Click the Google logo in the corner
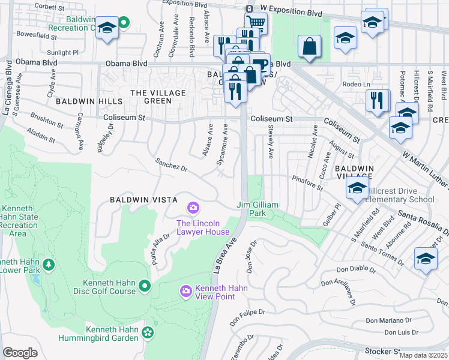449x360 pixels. click(20, 353)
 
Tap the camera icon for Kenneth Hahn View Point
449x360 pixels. click(186, 291)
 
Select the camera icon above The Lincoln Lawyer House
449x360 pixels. click(193, 208)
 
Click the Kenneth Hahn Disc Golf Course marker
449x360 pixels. click(144, 287)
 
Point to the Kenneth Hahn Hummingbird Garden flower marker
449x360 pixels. click(148, 332)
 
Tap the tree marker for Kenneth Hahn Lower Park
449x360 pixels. click(48, 265)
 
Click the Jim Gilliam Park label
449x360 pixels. click(258, 209)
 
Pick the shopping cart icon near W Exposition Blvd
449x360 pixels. click(256, 23)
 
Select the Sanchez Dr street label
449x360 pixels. click(171, 164)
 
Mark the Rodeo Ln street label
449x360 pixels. click(353, 85)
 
